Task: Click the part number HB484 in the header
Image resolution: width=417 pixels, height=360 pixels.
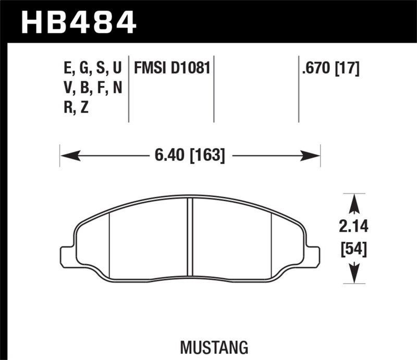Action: click(78, 22)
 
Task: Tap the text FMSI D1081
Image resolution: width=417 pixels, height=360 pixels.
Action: click(172, 68)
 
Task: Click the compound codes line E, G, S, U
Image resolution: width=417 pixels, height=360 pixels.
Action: click(92, 68)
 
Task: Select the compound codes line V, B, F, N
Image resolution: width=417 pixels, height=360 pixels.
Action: click(92, 88)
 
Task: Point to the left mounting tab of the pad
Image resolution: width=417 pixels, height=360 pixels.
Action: click(67, 255)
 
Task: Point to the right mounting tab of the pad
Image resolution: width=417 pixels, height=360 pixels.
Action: click(313, 255)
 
